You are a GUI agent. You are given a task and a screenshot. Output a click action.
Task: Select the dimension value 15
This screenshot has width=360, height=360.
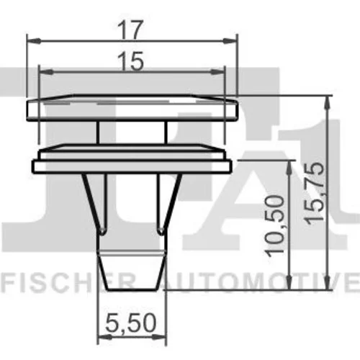click(131, 61)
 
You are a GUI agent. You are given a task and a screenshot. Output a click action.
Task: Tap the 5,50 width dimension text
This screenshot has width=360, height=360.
click(131, 323)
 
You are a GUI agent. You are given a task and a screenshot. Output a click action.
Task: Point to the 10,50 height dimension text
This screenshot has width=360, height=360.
click(274, 226)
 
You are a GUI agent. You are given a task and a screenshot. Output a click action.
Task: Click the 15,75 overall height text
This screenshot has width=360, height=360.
click(314, 194)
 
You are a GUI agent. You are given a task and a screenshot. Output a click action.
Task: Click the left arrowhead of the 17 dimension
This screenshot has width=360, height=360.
click(33, 41)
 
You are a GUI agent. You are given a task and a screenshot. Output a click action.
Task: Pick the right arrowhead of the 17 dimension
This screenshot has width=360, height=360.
click(230, 41)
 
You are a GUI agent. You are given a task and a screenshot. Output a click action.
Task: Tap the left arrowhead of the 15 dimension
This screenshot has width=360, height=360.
click(46, 72)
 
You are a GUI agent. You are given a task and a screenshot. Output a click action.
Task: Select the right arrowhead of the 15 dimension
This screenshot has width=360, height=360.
click(217, 71)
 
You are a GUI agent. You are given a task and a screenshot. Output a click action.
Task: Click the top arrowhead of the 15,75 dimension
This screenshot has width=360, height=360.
click(327, 102)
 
